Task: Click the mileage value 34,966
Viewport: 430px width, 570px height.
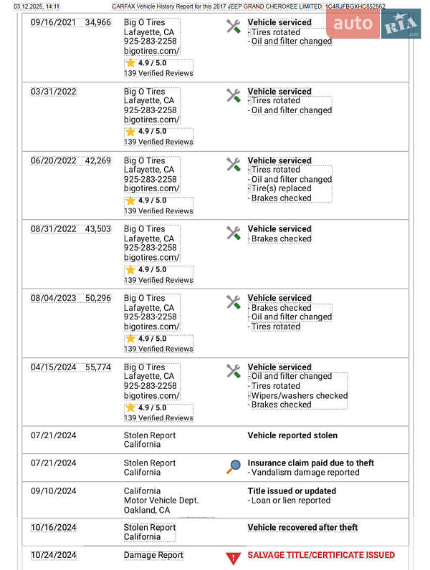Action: (97, 23)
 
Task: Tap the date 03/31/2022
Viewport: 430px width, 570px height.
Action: (54, 92)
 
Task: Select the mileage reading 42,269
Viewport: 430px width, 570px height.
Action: (97, 161)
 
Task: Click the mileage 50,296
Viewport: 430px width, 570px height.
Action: (97, 299)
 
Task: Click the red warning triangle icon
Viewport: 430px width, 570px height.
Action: (233, 558)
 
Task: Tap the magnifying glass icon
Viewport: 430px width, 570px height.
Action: (233, 467)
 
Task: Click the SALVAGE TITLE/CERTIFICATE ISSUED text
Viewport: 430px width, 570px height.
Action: (320, 555)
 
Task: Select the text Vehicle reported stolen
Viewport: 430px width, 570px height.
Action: (292, 435)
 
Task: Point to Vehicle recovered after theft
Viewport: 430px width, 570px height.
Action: (302, 528)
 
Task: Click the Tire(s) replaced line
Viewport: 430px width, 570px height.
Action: (281, 189)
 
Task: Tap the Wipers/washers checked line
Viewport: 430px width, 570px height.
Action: (299, 395)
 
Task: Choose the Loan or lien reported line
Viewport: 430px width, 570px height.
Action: (290, 501)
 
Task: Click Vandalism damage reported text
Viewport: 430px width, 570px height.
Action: (304, 473)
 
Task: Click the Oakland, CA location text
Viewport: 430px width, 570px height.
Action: (147, 511)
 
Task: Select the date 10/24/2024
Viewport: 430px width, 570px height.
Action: (54, 555)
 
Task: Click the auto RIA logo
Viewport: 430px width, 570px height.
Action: (373, 24)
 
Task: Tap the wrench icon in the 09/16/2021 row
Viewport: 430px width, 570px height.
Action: (233, 26)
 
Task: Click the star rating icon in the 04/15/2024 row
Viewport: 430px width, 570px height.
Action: (130, 407)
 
